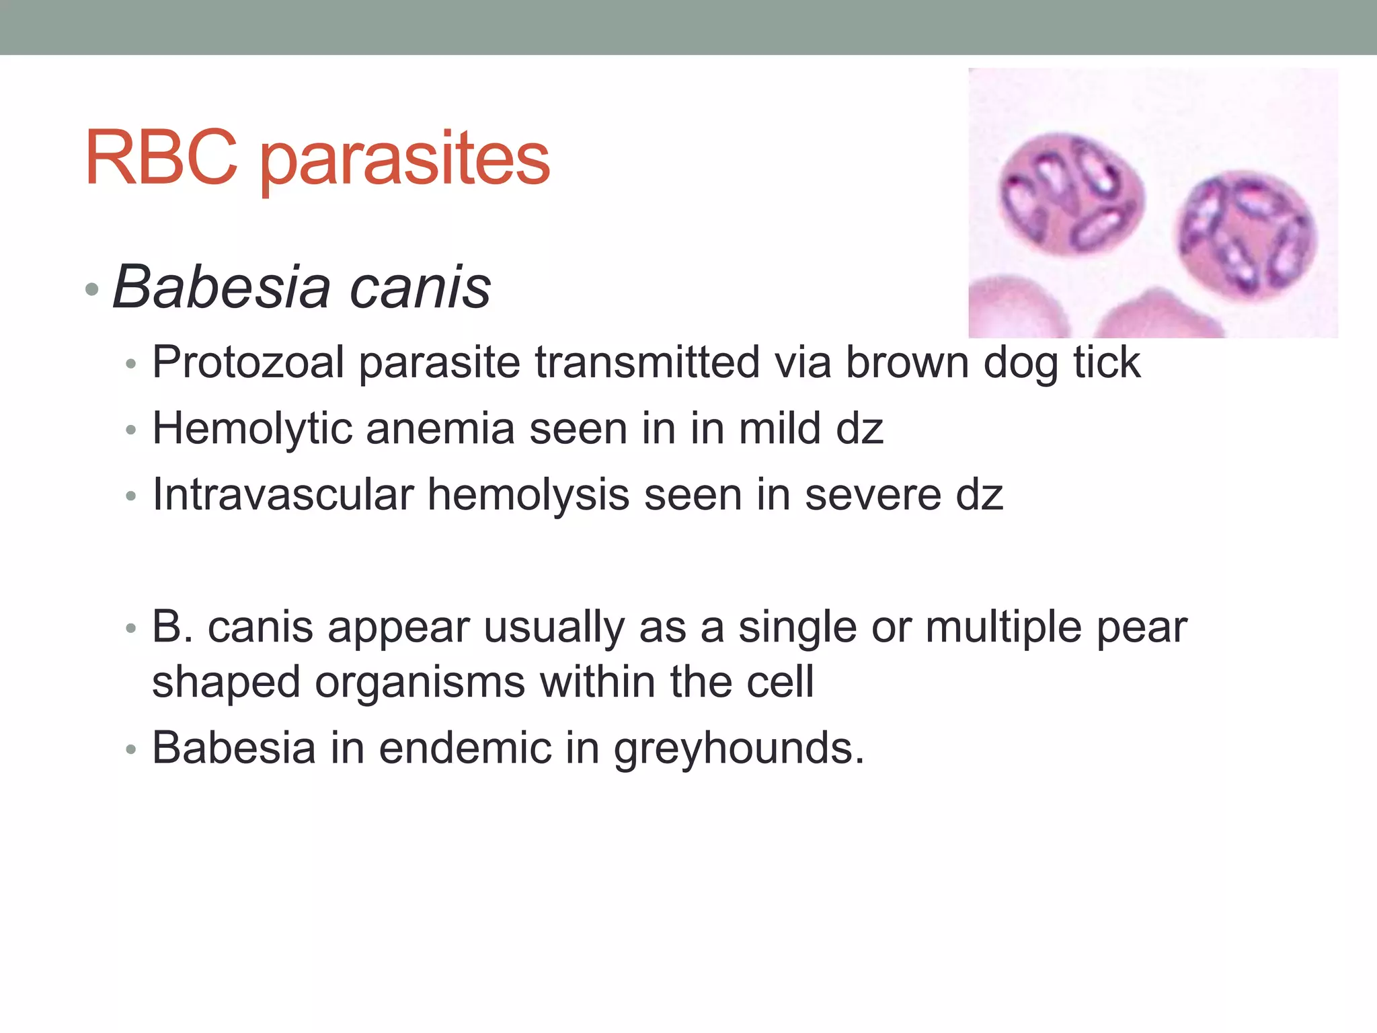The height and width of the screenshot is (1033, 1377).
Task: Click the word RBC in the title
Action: pos(161,158)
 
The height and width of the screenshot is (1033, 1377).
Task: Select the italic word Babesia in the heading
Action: pos(222,287)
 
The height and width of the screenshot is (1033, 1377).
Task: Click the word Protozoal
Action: pos(248,362)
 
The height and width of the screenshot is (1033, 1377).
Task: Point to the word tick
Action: pos(1107,362)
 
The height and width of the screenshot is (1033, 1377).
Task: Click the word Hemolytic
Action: pos(252,428)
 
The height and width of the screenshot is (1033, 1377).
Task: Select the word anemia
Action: pos(440,428)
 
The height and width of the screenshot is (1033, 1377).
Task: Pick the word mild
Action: pos(780,428)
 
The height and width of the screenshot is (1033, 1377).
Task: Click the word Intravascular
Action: pos(282,494)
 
